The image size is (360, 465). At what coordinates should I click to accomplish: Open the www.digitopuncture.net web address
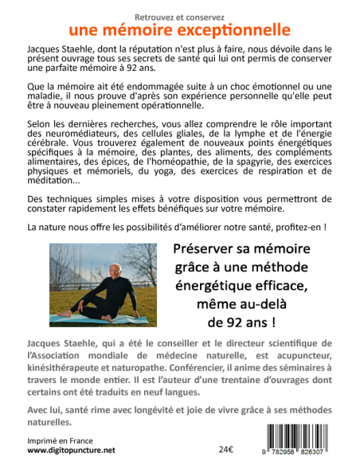click(x=71, y=450)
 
